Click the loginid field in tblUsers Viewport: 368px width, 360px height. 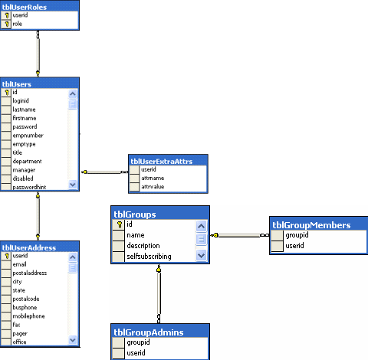coord(23,100)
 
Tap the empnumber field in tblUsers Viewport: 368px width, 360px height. coord(30,135)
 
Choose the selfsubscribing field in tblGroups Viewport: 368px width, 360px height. coord(149,256)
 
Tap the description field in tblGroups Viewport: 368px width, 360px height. coord(145,246)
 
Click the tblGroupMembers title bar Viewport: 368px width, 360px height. coord(310,225)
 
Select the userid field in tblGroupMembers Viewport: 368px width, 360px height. coord(294,246)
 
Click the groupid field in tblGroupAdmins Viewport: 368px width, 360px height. coord(139,342)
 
